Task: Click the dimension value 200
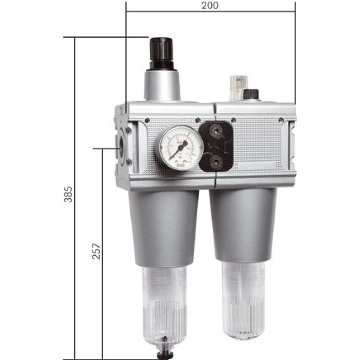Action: [x=211, y=6]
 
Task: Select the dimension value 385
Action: [x=68, y=195]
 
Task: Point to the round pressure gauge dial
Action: [x=179, y=148]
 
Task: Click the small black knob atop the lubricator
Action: [x=251, y=94]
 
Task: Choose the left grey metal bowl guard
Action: [x=164, y=227]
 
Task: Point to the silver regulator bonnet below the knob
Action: [x=162, y=85]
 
